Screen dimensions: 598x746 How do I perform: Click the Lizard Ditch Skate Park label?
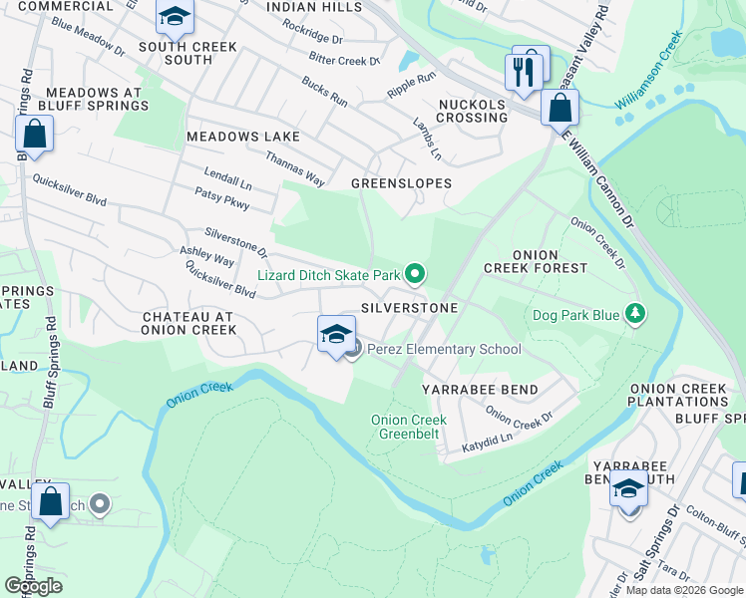click(329, 274)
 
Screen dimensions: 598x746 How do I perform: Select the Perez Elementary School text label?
click(444, 349)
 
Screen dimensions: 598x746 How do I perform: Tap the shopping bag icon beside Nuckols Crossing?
click(559, 107)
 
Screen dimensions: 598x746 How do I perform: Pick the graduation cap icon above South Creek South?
click(175, 17)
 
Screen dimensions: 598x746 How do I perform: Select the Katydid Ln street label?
click(487, 439)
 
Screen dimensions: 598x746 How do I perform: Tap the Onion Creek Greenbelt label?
click(409, 427)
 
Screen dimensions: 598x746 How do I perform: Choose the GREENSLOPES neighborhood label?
click(401, 183)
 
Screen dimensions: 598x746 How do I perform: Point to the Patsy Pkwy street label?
click(221, 198)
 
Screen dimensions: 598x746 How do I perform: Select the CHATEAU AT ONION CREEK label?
click(188, 323)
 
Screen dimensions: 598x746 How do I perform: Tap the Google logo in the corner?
click(34, 585)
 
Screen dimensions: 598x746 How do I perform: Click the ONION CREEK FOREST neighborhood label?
click(536, 261)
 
